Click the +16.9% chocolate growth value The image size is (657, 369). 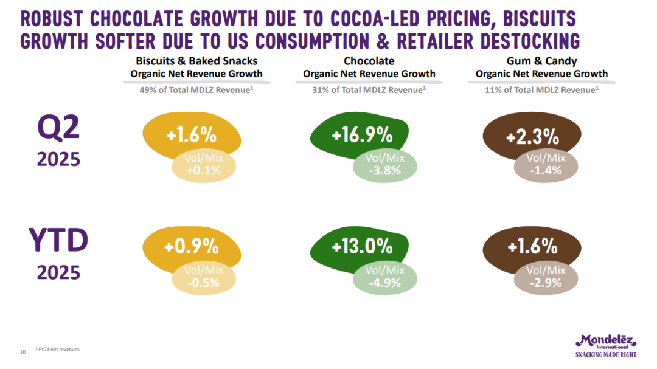click(361, 135)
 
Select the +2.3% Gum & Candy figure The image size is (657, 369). click(532, 137)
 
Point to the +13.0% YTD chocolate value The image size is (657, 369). click(362, 246)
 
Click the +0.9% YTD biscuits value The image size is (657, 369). click(191, 246)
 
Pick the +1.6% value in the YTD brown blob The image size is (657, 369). click(532, 246)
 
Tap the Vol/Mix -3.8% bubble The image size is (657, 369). click(384, 165)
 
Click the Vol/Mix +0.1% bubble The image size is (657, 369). click(204, 165)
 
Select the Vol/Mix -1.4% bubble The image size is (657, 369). click(546, 165)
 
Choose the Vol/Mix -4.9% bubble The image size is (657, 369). click(384, 277)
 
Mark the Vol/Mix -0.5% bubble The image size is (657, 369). click(204, 277)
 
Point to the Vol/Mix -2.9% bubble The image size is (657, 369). click(546, 277)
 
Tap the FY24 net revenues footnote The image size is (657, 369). click(58, 350)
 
